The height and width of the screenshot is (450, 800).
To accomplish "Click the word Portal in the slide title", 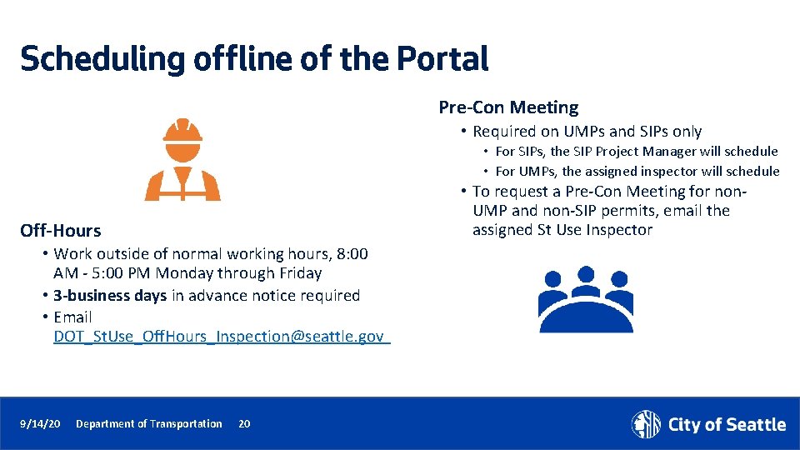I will [x=442, y=59].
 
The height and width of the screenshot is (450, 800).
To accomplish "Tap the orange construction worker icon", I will [x=182, y=160].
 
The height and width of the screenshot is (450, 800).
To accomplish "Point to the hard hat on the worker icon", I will [x=182, y=133].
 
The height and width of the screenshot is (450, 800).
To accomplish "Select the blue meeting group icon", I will [x=585, y=299].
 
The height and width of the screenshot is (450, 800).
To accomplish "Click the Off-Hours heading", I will [x=61, y=231].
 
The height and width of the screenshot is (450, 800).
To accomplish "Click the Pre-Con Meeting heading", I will [x=508, y=107].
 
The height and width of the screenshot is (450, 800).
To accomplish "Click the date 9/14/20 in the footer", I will [x=40, y=424].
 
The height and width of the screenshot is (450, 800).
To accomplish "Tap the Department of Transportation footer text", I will [x=148, y=424].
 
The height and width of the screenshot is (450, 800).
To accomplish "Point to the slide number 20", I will [x=244, y=424].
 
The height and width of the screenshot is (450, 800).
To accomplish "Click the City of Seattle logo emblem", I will [x=646, y=424].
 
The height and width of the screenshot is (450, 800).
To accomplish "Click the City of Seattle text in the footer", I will [x=727, y=425].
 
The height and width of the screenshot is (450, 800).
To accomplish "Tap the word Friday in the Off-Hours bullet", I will [x=299, y=273].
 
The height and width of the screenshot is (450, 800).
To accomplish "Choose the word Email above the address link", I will [x=72, y=317].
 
